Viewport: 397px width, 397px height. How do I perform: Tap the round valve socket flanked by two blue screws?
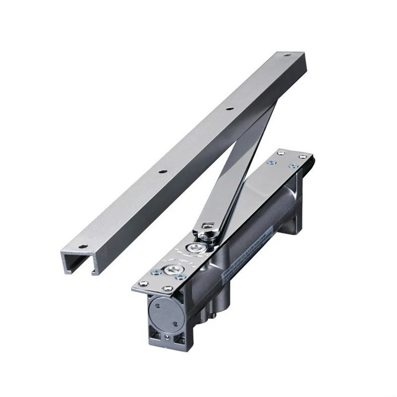[172, 269]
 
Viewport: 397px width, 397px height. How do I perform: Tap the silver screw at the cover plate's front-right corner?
[167, 289]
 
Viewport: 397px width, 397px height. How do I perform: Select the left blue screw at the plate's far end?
[271, 162]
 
